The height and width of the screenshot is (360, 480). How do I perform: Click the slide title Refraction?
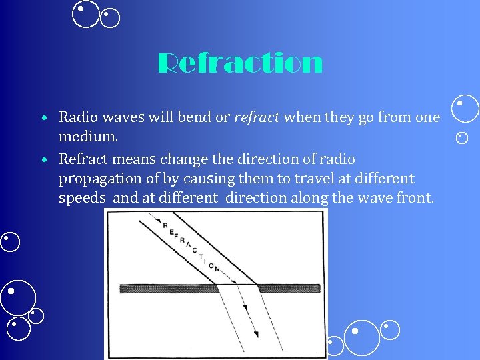[240, 65]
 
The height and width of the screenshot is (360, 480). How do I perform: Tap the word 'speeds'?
[82, 198]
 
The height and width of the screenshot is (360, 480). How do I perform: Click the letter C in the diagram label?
[195, 249]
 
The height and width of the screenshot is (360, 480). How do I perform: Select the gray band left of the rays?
[167, 289]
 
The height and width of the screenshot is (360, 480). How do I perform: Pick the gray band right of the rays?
[291, 289]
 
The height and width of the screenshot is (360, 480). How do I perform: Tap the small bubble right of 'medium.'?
[462, 138]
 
